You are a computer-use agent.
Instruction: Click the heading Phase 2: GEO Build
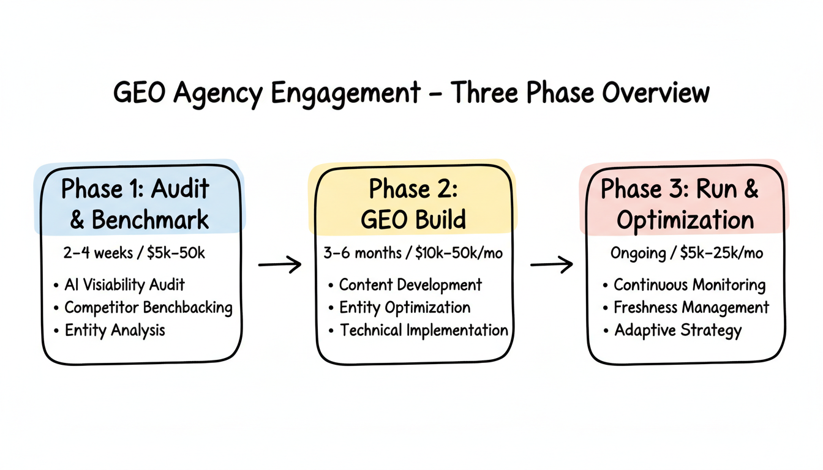coord(413,204)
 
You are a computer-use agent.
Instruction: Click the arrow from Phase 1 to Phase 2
coord(280,264)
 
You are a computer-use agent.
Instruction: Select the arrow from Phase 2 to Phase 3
coord(551,264)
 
